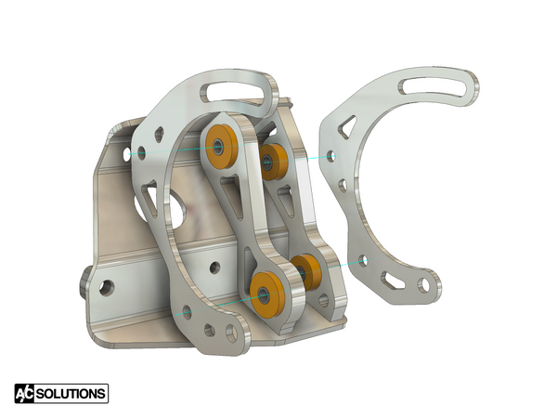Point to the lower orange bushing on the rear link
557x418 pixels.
[x=307, y=270]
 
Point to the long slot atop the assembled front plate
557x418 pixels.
[x=240, y=91]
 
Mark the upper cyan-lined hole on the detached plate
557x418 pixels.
[x=331, y=157]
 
